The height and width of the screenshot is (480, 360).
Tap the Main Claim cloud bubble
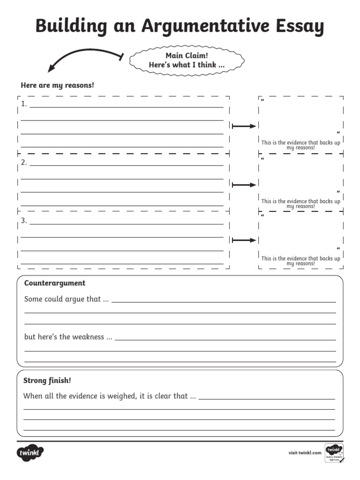[187, 60]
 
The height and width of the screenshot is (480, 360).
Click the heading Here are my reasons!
[57, 85]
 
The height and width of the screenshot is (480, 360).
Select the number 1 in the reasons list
[24, 104]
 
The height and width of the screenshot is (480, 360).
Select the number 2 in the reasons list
[24, 163]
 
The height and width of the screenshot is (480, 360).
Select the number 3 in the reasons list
[24, 220]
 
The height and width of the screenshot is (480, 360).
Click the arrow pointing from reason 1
[244, 126]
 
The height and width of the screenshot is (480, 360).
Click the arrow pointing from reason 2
[244, 185]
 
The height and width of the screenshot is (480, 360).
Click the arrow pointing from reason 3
[244, 240]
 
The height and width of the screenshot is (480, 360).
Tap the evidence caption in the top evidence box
[300, 145]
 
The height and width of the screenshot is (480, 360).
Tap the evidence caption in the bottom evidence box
[300, 261]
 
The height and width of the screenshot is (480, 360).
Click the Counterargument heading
[55, 283]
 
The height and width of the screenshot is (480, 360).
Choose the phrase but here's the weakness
[68, 337]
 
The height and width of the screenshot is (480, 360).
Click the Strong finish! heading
[48, 381]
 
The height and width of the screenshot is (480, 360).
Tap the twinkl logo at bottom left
[30, 453]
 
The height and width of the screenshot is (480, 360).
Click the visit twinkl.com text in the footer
[305, 453]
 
